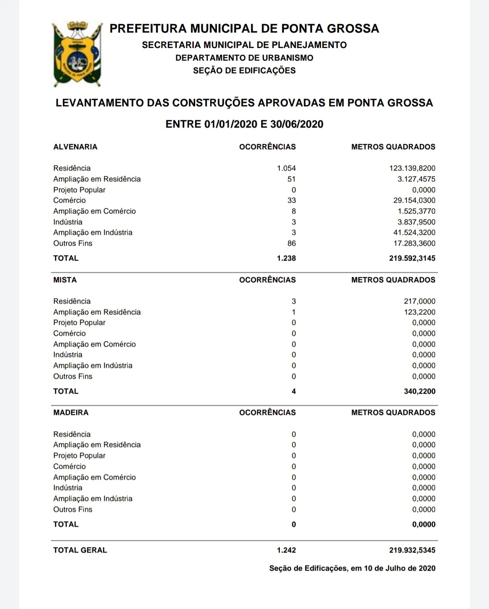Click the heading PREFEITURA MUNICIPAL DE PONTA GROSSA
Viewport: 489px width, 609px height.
tap(244, 29)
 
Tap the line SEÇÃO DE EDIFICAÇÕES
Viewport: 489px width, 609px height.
tap(244, 71)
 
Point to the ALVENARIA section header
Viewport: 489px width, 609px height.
tap(75, 147)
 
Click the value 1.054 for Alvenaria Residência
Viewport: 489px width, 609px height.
tap(286, 168)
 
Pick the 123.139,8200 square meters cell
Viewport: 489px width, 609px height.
tap(412, 168)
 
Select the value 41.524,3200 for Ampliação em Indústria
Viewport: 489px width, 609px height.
tap(414, 233)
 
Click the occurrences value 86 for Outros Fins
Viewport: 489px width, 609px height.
tap(292, 243)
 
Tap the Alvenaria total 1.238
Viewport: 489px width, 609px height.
tap(286, 258)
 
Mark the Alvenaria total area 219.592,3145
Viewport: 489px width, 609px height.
tap(412, 258)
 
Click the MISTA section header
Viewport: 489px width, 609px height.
tap(65, 280)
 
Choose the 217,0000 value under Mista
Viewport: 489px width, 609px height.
tap(420, 301)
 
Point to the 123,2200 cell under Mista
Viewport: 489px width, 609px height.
tap(420, 312)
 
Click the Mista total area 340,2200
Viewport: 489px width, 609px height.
tap(420, 391)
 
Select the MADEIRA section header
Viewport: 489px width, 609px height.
tap(71, 413)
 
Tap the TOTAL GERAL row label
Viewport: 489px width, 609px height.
tap(80, 550)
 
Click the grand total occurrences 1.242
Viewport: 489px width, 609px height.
tap(286, 550)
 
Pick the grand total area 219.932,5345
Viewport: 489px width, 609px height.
tap(412, 550)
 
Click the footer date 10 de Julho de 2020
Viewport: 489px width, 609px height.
tap(399, 568)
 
